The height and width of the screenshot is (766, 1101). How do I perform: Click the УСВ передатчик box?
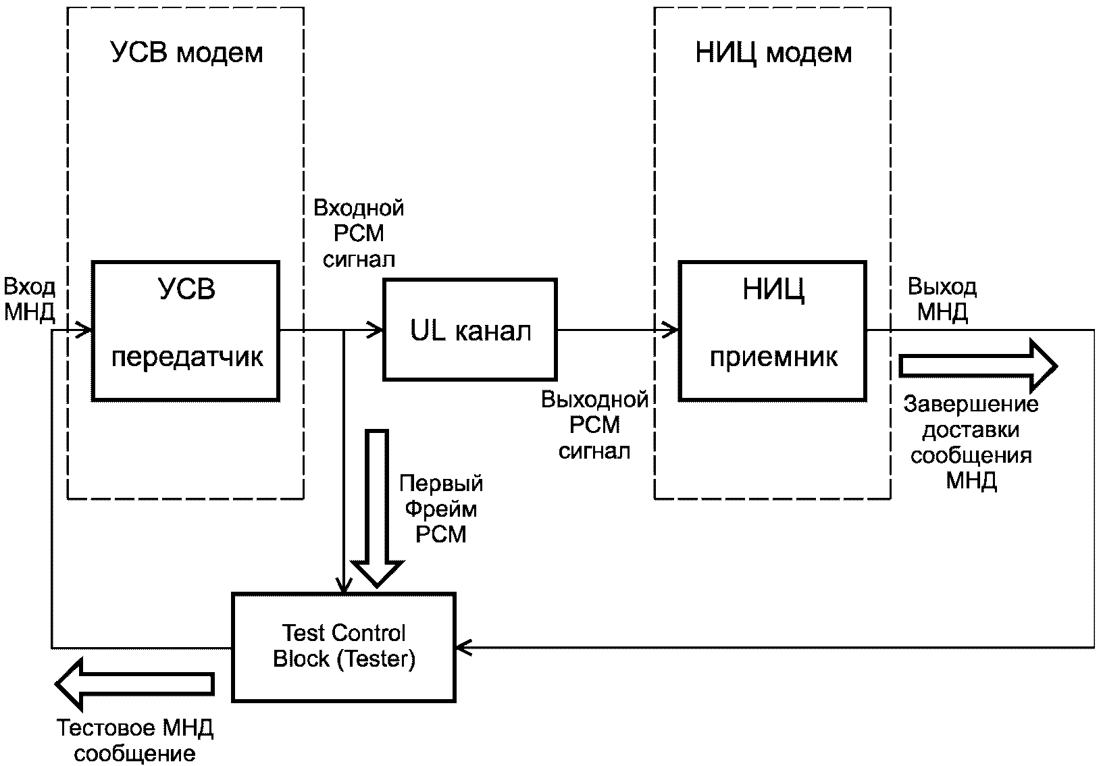coord(186,331)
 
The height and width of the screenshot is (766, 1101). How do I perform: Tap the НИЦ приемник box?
coord(773,331)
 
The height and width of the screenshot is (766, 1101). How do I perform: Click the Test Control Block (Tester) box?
coord(344,646)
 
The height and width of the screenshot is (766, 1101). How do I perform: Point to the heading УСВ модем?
coord(186,53)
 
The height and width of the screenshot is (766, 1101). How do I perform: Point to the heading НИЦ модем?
coord(773,53)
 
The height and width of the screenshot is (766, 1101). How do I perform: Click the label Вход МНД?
coord(29,300)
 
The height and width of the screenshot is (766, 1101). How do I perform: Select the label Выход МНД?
coord(942,299)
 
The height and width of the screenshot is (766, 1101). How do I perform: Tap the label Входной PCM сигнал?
coord(359,233)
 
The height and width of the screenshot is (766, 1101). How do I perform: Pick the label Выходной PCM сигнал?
coord(595,426)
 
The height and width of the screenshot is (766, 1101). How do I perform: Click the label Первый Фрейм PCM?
coord(441,509)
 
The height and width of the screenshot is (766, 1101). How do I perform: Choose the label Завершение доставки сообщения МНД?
coord(971,442)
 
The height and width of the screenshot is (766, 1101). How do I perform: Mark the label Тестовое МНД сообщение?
coord(135,741)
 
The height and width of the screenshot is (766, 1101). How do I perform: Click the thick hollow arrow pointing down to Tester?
coord(378,507)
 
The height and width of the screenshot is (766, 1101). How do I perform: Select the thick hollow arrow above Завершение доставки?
coord(977,365)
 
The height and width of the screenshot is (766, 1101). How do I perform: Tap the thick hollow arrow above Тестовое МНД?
coord(135,684)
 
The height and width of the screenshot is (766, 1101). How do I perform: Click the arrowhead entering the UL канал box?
coord(376,330)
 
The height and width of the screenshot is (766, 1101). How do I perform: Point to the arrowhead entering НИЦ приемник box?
coord(671,330)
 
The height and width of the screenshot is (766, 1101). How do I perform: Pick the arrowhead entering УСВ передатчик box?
coord(84,331)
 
